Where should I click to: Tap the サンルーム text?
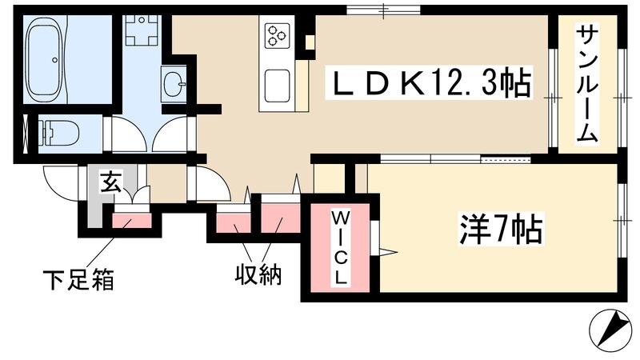click(588, 84)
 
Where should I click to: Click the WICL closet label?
click(340, 248)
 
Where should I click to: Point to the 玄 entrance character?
click(110, 183)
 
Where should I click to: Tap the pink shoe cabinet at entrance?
click(126, 218)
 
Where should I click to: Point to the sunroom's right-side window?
click(622, 98)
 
